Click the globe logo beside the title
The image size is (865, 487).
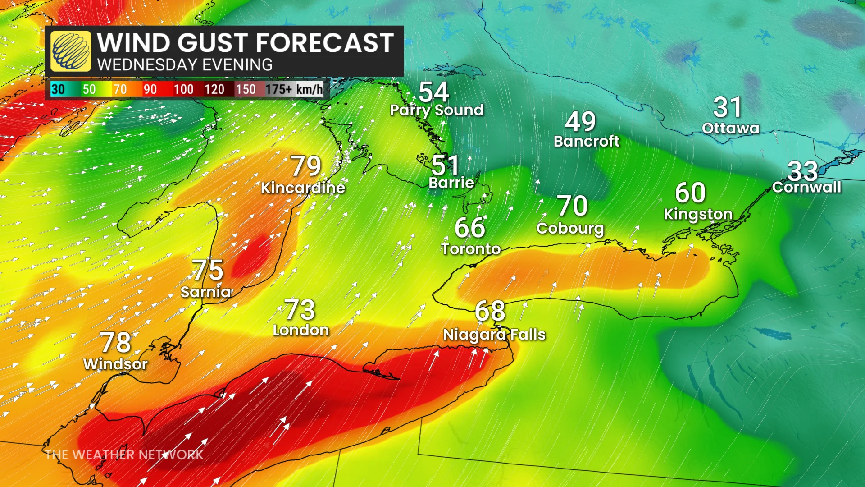(x=71, y=51)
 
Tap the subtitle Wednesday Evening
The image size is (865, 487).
(x=185, y=65)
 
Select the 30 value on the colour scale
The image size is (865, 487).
(x=58, y=89)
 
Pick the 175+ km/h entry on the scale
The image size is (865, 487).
(x=294, y=89)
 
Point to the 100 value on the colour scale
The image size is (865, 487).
(x=183, y=89)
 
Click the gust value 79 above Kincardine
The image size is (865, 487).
(x=305, y=166)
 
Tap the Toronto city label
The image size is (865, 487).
(x=471, y=249)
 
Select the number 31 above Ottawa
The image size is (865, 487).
(x=727, y=107)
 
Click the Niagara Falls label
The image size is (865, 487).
(x=494, y=335)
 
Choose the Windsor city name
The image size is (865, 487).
(x=115, y=364)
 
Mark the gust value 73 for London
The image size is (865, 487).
(x=300, y=310)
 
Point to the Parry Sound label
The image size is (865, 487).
(x=437, y=110)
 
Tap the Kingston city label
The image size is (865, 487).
(x=698, y=214)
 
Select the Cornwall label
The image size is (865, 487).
(x=806, y=187)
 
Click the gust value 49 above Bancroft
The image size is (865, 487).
(x=580, y=121)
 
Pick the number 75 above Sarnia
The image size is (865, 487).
(x=208, y=270)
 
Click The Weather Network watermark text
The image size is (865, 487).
(x=124, y=455)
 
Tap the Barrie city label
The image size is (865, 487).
(x=451, y=183)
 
